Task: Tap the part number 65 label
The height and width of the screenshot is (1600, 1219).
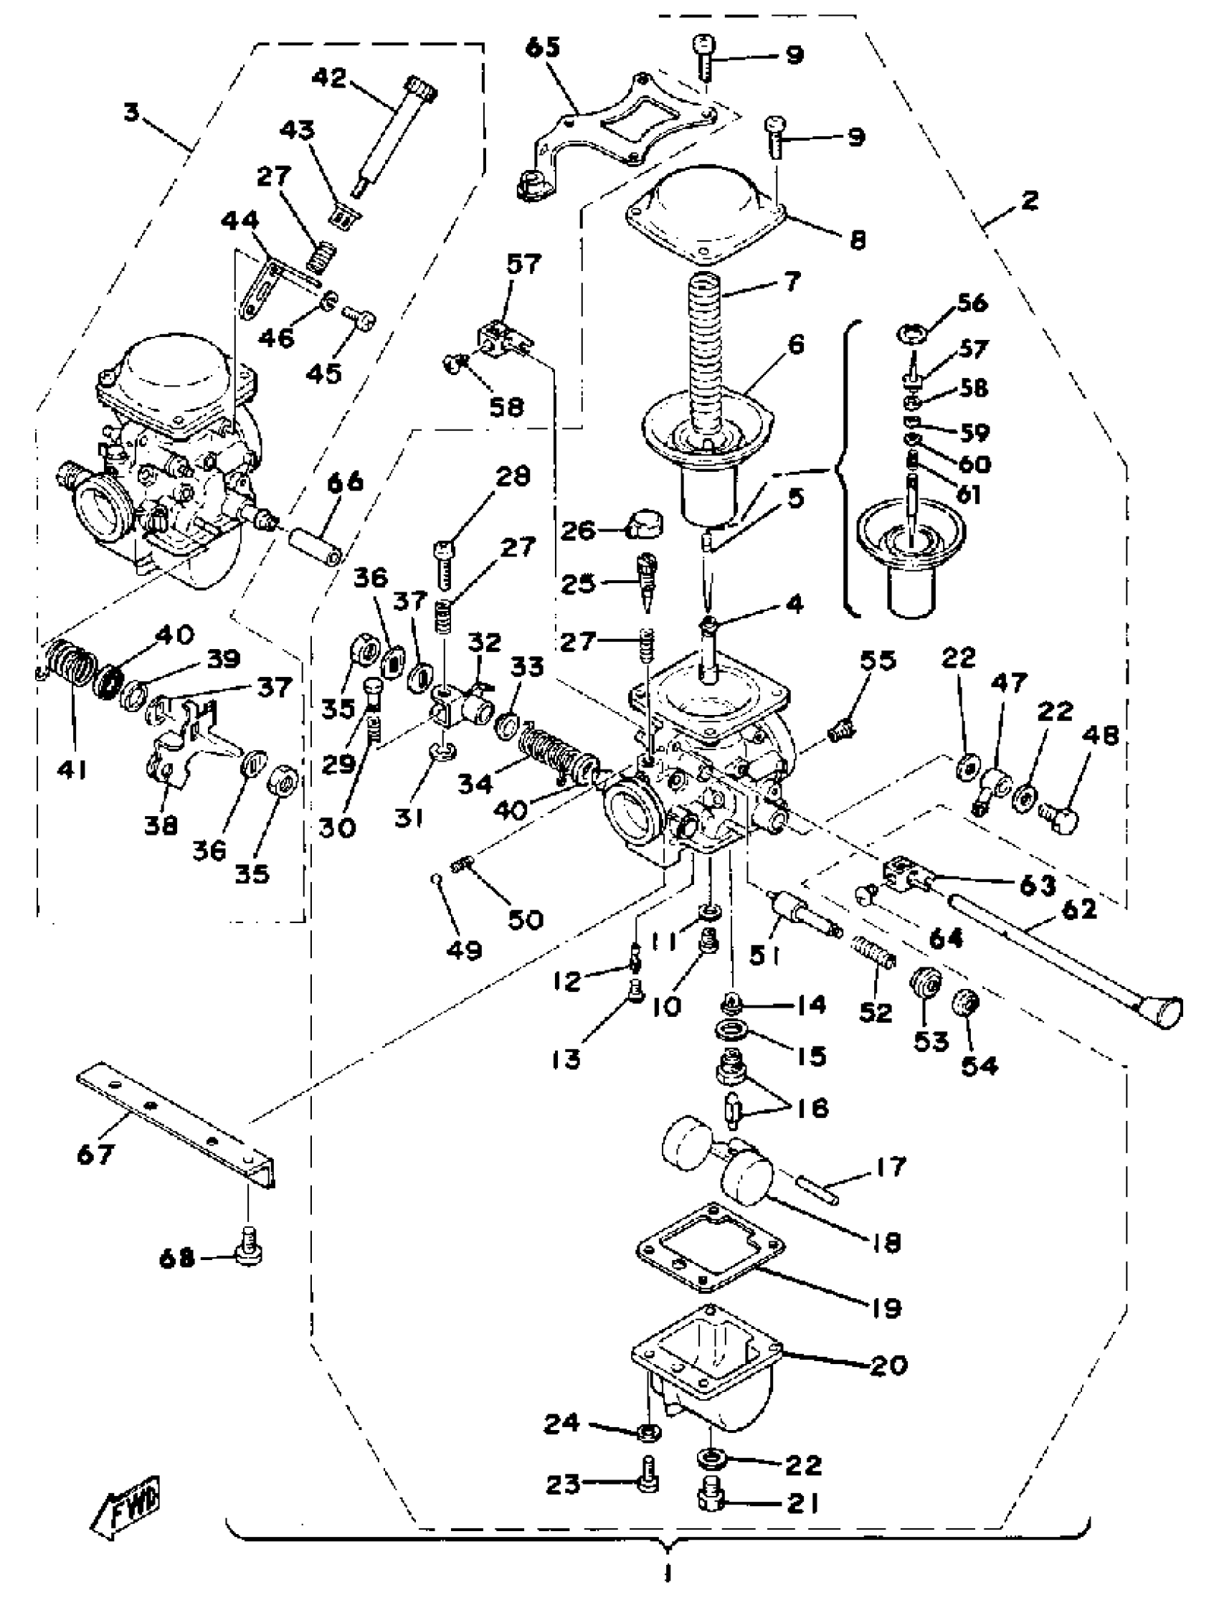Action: pyautogui.click(x=543, y=48)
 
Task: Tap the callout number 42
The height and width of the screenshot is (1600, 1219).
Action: pyautogui.click(x=329, y=77)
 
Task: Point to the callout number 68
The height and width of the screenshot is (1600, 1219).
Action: pyautogui.click(x=176, y=1257)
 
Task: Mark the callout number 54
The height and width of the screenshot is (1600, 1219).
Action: pyautogui.click(x=980, y=1064)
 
